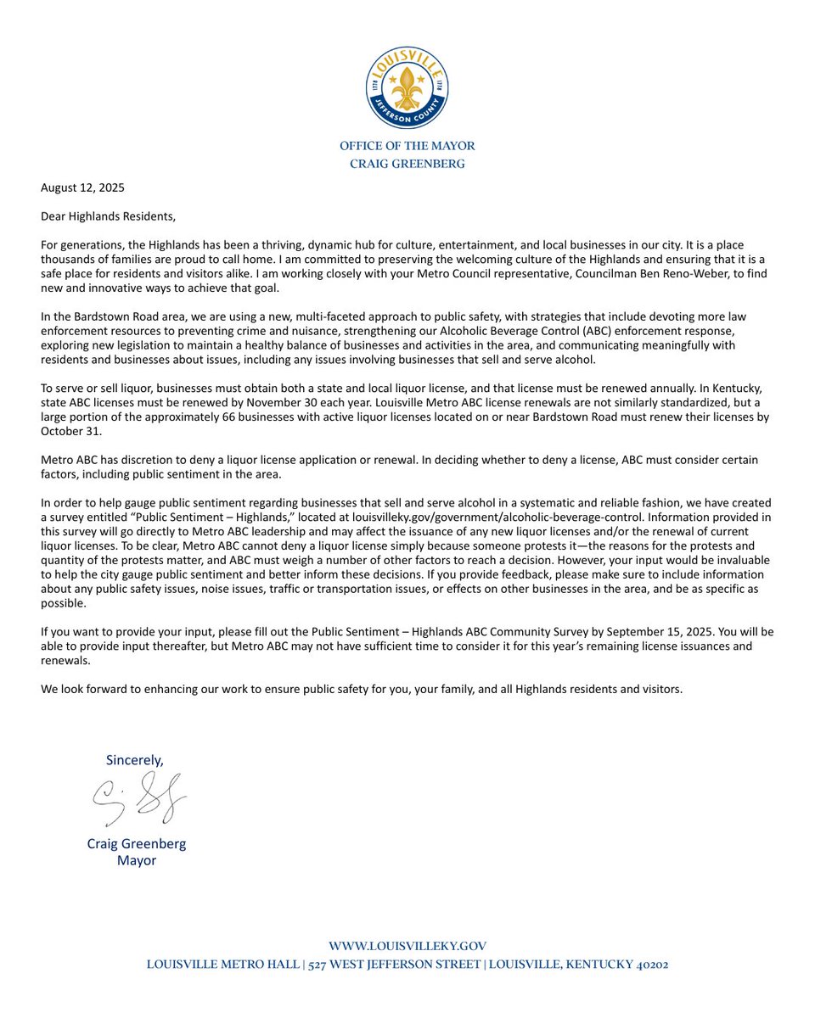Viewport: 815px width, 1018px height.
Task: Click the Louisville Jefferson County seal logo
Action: (x=407, y=88)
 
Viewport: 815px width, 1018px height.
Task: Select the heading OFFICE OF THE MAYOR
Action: (x=407, y=146)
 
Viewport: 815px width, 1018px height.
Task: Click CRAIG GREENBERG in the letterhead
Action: (x=407, y=164)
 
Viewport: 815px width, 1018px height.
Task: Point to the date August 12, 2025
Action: (x=82, y=187)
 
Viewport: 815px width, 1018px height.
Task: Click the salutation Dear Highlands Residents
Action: (x=107, y=216)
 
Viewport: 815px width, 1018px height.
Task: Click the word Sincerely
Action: (x=134, y=759)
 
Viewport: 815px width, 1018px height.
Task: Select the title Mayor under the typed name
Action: (x=137, y=860)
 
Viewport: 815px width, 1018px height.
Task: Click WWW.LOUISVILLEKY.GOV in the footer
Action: (x=407, y=946)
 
